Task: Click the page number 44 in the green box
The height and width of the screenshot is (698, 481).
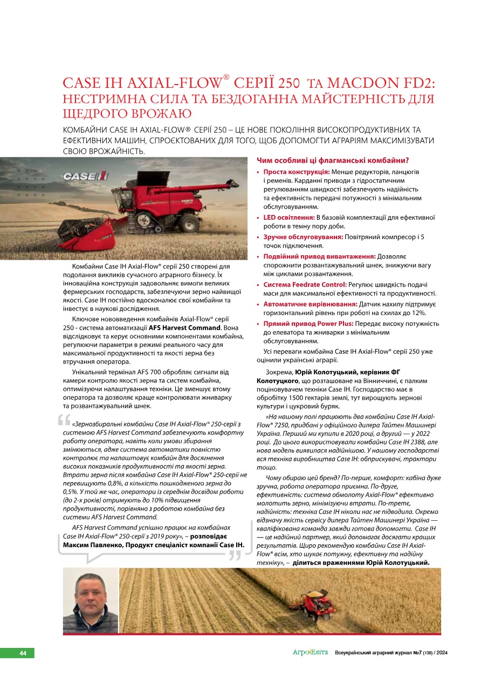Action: click(23, 653)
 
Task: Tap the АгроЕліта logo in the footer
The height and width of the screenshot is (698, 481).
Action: click(310, 653)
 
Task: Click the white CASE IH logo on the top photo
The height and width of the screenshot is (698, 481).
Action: click(86, 176)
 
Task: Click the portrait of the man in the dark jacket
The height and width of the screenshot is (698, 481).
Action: click(90, 601)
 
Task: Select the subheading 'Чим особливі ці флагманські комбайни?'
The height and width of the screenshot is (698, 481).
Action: click(332, 160)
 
